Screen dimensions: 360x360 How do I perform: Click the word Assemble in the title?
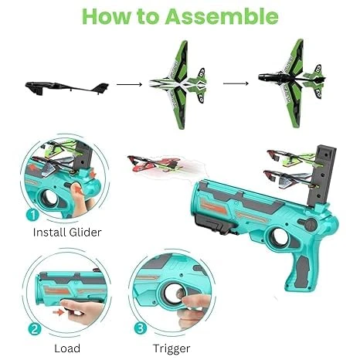[x=222, y=16]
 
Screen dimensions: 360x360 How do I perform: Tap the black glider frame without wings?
[x=67, y=88]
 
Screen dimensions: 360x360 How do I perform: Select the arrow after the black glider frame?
[x=129, y=84]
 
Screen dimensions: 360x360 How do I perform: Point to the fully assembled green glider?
[x=292, y=83]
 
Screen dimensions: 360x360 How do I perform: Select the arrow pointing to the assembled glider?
[x=236, y=83]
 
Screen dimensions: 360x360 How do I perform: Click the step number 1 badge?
[x=32, y=215]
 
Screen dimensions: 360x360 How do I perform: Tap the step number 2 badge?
[x=35, y=328]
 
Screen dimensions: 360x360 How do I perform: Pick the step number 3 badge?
[x=141, y=328]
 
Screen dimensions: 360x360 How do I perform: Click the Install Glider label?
[x=67, y=233]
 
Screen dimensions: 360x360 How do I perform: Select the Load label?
[x=67, y=348]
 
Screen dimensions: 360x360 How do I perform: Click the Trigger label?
[x=172, y=349]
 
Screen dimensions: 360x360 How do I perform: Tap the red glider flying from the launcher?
[x=155, y=163]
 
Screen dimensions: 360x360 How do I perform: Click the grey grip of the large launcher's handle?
[x=301, y=272]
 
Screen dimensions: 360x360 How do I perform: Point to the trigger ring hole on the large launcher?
[x=279, y=236]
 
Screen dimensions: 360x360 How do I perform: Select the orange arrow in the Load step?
[x=58, y=312]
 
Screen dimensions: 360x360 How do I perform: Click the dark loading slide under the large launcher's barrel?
[x=216, y=226]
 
